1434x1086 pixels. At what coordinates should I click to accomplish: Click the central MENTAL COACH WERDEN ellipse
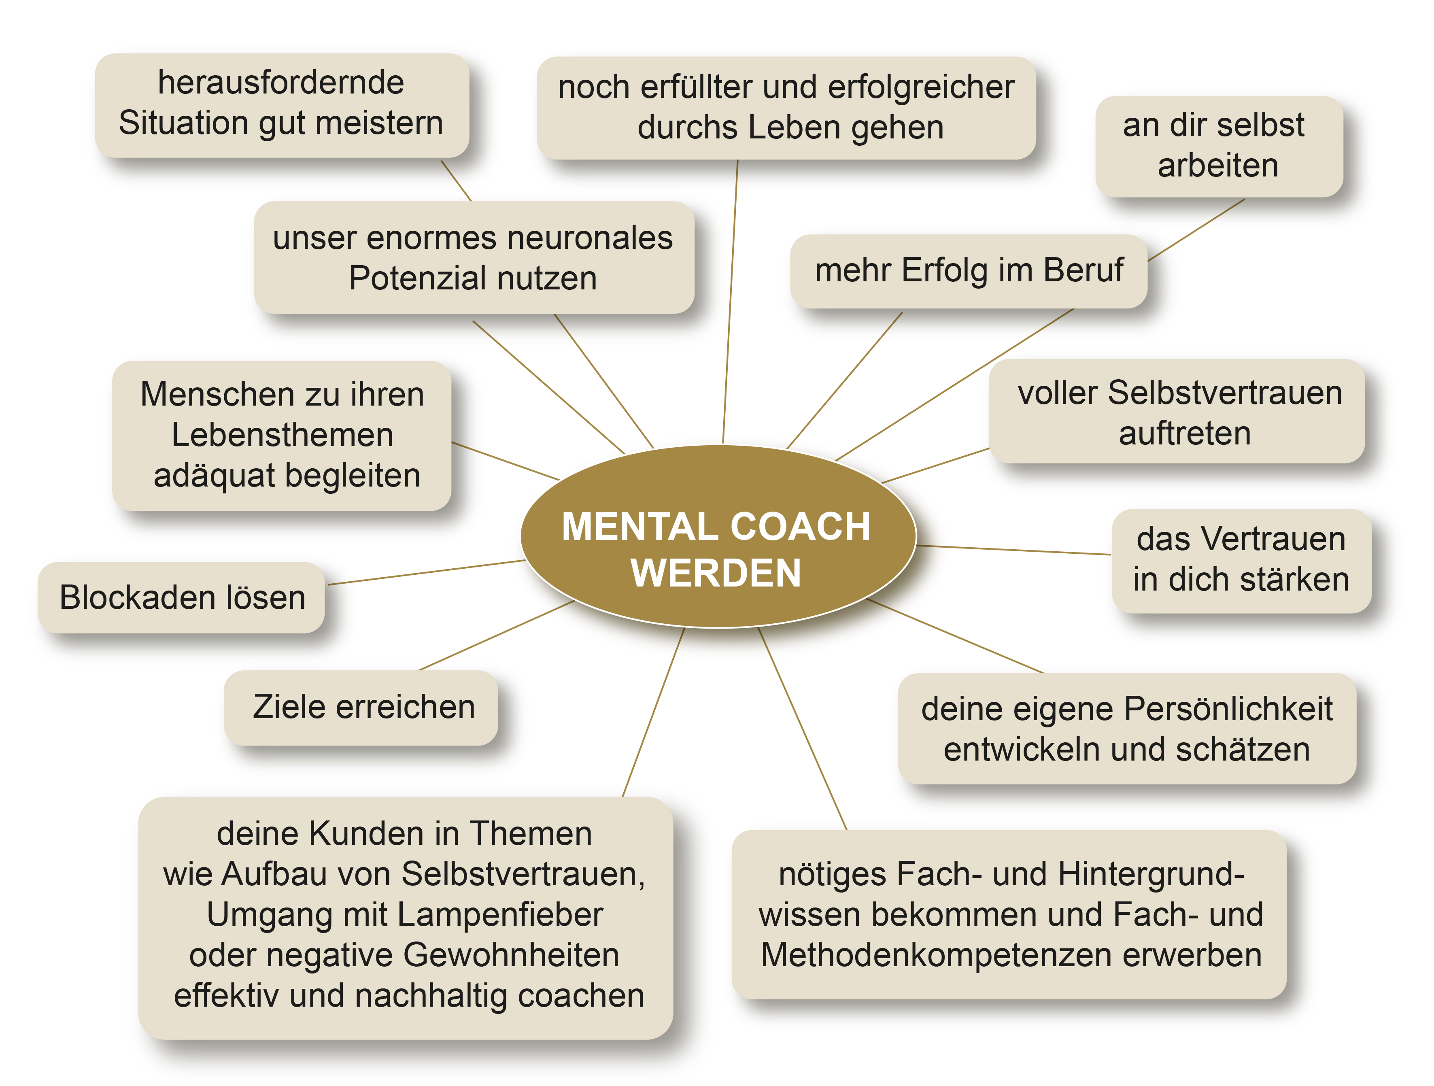pyautogui.click(x=718, y=536)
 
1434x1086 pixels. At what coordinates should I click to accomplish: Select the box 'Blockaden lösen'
pyautogui.click(x=181, y=597)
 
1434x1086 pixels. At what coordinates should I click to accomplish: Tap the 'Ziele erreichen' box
pyautogui.click(x=361, y=708)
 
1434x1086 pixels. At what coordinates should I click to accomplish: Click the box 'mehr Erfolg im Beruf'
pyautogui.click(x=969, y=271)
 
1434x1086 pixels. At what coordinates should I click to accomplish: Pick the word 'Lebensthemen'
pyautogui.click(x=283, y=435)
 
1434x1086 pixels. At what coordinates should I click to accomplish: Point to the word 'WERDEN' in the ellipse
pyautogui.click(x=716, y=573)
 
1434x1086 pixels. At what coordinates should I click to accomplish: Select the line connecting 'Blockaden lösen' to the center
pyautogui.click(x=427, y=572)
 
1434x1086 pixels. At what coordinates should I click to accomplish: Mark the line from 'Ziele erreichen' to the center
pyautogui.click(x=496, y=635)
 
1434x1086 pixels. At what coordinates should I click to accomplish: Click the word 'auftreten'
pyautogui.click(x=1184, y=434)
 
